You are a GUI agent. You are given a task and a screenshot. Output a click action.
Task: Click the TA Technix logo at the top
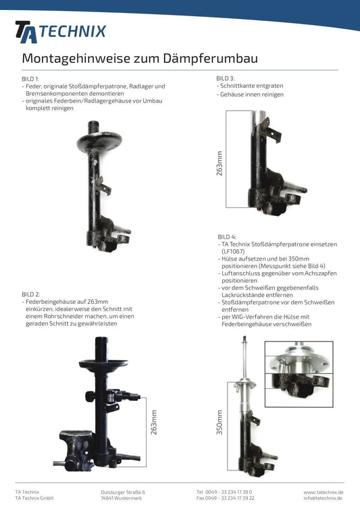pyautogui.click(x=60, y=31)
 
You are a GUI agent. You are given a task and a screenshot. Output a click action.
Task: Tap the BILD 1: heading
pyautogui.click(x=30, y=80)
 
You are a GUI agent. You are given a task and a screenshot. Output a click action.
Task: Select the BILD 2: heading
pyautogui.click(x=30, y=295)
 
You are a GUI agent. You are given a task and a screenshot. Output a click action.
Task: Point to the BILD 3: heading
pyautogui.click(x=226, y=78)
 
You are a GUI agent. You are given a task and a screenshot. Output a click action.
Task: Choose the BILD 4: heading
pyautogui.click(x=227, y=237)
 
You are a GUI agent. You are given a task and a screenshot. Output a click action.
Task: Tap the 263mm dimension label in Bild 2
pyautogui.click(x=153, y=423)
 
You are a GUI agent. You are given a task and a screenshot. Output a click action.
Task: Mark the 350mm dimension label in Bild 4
pyautogui.click(x=219, y=422)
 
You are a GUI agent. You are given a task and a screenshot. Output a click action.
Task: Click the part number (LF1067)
pyautogui.click(x=234, y=251)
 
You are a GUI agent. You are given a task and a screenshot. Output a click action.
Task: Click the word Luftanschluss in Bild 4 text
pyautogui.click(x=242, y=273)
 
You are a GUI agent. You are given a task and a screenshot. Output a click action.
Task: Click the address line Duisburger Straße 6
pyautogui.click(x=122, y=492)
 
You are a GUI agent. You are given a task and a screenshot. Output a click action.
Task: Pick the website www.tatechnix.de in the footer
pyautogui.click(x=323, y=492)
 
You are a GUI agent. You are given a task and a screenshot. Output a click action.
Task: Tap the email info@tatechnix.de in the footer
pyautogui.click(x=324, y=498)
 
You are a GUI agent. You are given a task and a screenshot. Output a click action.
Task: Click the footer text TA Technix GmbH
pyautogui.click(x=34, y=498)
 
